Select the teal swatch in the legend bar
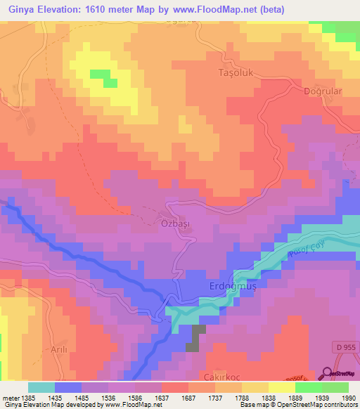click(x=41, y=387)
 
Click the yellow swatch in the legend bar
click(x=281, y=387)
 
